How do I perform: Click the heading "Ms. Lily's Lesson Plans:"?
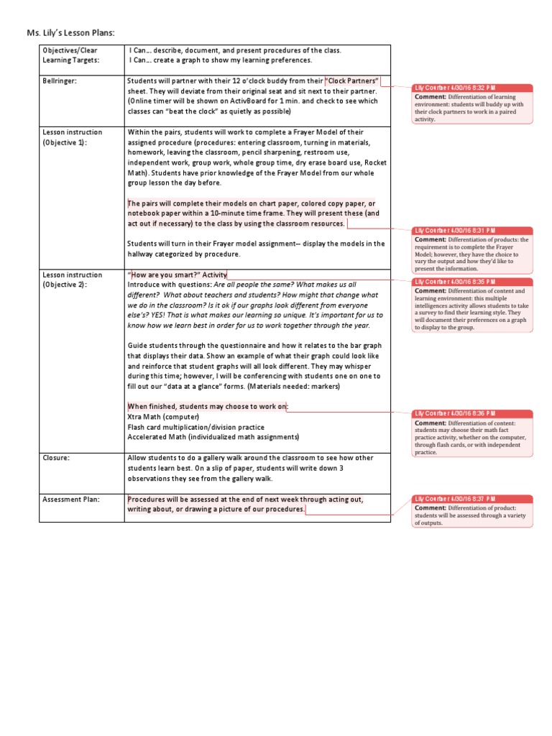point(70,32)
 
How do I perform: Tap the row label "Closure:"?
point(57,458)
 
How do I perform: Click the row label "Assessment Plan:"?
point(71,499)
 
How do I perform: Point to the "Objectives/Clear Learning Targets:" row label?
point(70,55)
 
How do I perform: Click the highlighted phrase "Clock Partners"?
point(352,81)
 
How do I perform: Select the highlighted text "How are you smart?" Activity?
point(177,275)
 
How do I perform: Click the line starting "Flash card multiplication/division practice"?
point(195,427)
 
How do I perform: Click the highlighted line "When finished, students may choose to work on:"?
point(207,407)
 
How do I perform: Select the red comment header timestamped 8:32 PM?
point(473,88)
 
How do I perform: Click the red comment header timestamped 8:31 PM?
point(473,231)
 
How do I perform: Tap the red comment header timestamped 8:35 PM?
point(473,282)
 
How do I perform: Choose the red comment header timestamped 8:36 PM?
point(473,414)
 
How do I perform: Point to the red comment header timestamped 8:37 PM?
point(473,499)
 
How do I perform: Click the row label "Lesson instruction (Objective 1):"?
point(73,137)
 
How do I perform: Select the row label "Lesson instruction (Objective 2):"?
point(73,280)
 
